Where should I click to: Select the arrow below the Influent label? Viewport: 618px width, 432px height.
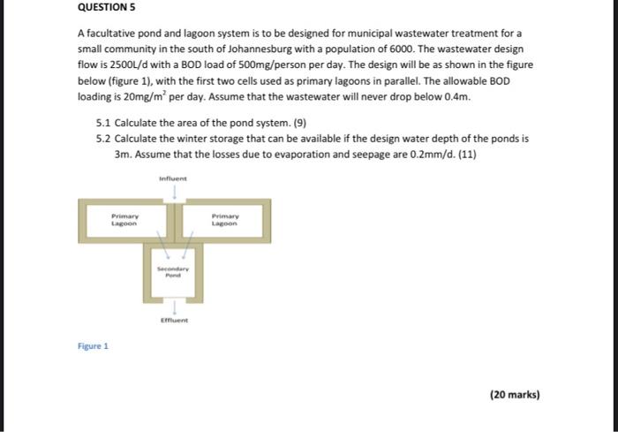[x=175, y=191]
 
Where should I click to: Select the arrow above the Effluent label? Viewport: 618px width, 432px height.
[x=175, y=307]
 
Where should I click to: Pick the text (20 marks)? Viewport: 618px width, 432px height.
[x=514, y=395]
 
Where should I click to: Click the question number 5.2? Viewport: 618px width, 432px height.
[x=104, y=139]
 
